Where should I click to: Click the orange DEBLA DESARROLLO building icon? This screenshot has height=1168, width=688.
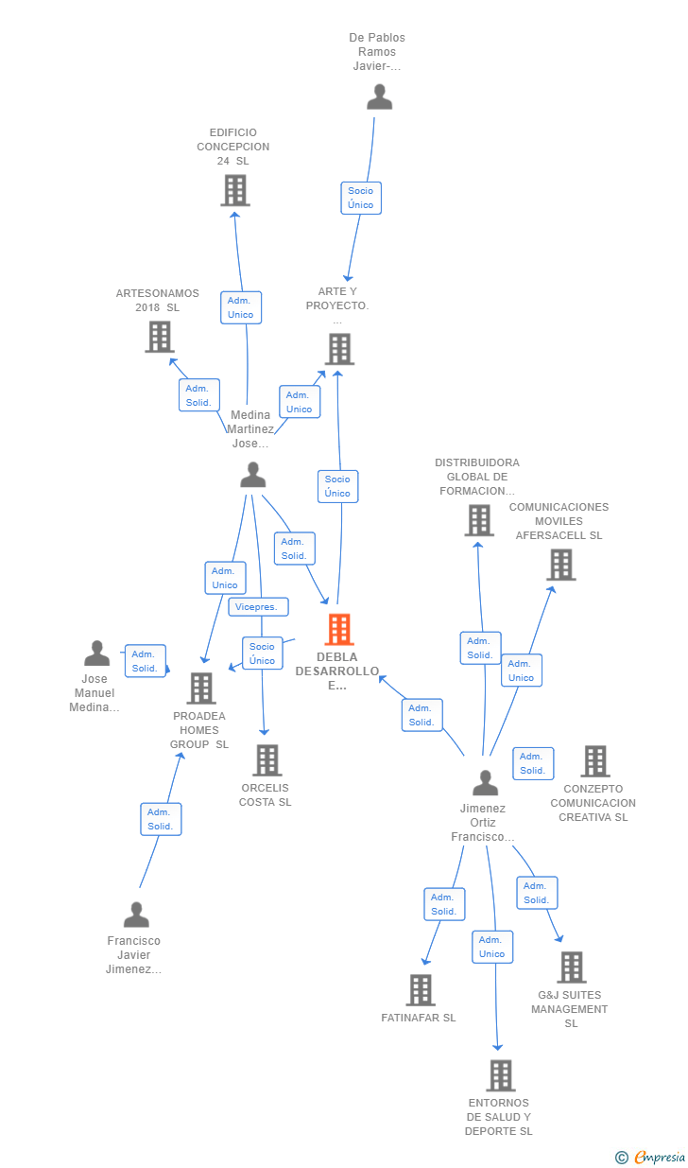click(339, 629)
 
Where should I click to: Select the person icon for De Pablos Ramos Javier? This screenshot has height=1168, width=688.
click(380, 97)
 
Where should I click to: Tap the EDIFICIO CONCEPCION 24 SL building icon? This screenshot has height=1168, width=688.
click(235, 190)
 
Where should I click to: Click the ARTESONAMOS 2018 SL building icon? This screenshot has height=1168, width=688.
click(160, 337)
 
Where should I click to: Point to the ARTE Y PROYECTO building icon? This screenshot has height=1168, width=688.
click(339, 349)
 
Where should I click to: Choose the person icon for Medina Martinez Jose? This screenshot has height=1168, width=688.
click(253, 475)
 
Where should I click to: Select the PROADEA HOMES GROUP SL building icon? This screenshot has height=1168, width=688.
click(201, 689)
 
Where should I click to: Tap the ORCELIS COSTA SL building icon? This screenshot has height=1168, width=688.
click(267, 760)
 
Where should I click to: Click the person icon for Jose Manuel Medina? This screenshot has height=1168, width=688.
click(96, 654)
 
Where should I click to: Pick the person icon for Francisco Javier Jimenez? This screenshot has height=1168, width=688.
click(137, 915)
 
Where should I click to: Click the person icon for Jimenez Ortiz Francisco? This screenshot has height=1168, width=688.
click(485, 783)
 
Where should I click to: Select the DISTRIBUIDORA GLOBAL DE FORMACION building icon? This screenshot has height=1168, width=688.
click(479, 520)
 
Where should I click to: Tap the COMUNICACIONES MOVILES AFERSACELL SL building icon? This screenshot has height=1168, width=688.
click(561, 565)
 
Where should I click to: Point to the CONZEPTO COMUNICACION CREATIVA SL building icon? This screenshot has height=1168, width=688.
click(595, 761)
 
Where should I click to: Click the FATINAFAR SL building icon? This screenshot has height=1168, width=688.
click(421, 990)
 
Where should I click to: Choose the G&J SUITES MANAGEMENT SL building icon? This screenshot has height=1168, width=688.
click(572, 968)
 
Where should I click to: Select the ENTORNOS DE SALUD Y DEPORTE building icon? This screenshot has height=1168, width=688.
click(501, 1075)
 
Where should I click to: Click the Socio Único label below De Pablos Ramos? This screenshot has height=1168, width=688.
click(361, 198)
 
